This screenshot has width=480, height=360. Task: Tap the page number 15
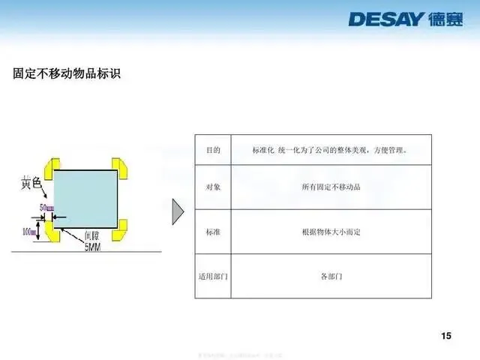(x=446, y=335)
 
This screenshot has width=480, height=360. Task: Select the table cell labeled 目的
(x=213, y=151)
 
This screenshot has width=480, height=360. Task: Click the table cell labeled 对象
(x=213, y=187)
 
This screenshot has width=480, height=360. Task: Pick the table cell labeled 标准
(x=213, y=232)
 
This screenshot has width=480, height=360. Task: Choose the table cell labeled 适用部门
(x=213, y=276)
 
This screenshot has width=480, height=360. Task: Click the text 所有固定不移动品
(x=331, y=187)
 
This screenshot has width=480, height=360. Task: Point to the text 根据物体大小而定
(x=331, y=232)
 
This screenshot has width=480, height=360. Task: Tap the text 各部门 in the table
(x=331, y=276)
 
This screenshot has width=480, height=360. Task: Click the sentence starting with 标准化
(x=331, y=151)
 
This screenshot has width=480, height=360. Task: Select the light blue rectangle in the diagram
(x=86, y=199)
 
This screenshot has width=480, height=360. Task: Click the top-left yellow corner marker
(x=52, y=169)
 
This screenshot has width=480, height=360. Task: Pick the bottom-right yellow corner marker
(x=121, y=229)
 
